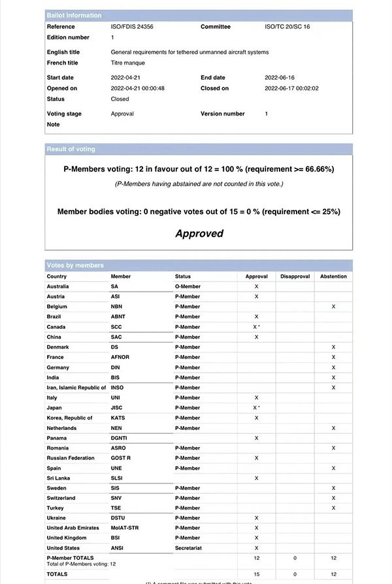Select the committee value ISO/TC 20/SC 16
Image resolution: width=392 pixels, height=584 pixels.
[288, 27]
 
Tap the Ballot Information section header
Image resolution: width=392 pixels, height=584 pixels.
[74, 15]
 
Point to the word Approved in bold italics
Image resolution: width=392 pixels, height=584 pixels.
[199, 234]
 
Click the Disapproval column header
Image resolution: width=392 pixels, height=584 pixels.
[295, 277]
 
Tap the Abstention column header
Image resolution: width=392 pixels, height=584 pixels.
[333, 277]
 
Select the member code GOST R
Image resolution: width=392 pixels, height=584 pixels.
[120, 458]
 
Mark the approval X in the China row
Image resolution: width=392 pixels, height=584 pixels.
[256, 337]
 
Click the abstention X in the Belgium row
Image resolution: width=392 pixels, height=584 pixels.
[333, 306]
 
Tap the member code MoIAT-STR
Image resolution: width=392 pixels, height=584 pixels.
[125, 528]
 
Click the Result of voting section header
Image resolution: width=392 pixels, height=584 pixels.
[71, 149]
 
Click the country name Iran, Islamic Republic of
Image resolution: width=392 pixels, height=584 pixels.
[76, 388]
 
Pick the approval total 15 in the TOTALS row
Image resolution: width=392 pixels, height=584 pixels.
[256, 574]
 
